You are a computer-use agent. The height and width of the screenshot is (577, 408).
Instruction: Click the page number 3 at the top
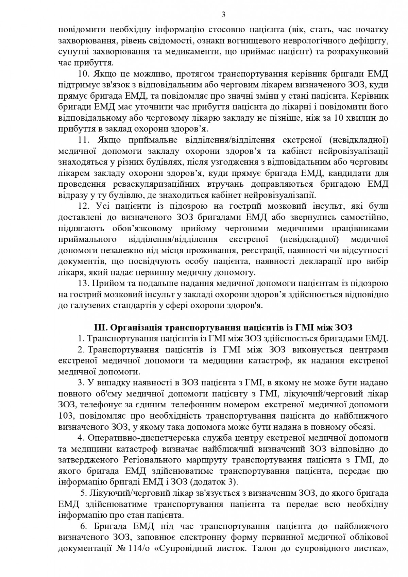coord(204,14)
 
